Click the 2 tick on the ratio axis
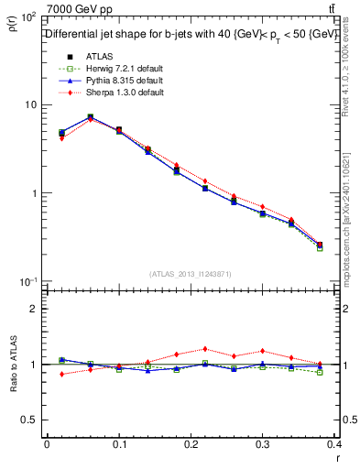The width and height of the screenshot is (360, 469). tap(34, 309)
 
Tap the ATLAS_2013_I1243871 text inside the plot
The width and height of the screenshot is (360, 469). tap(190, 274)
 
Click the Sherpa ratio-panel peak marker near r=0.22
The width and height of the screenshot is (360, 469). tap(204, 349)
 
